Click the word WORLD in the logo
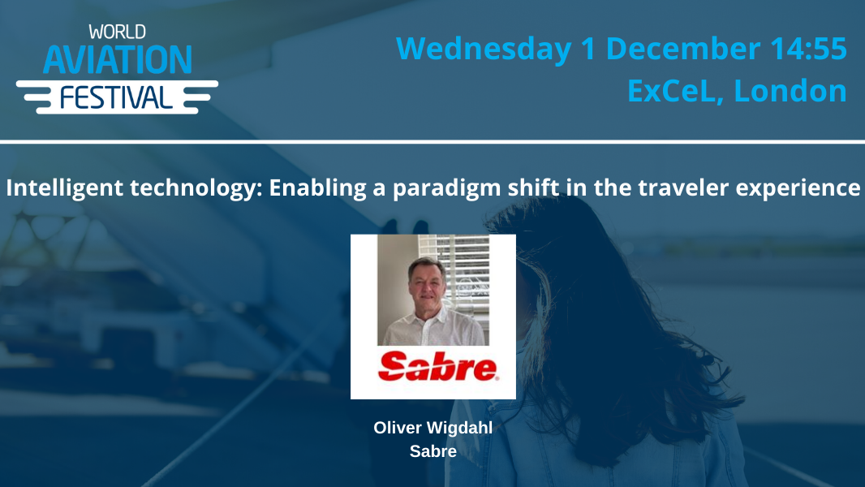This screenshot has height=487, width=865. (117, 32)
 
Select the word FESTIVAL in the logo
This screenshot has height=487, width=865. (117, 97)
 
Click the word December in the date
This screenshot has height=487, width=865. (688, 49)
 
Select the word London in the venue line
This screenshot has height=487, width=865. (790, 91)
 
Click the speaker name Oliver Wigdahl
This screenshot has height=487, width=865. (432, 428)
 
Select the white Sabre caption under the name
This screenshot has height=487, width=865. (432, 451)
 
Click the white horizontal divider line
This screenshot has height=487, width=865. (432, 142)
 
